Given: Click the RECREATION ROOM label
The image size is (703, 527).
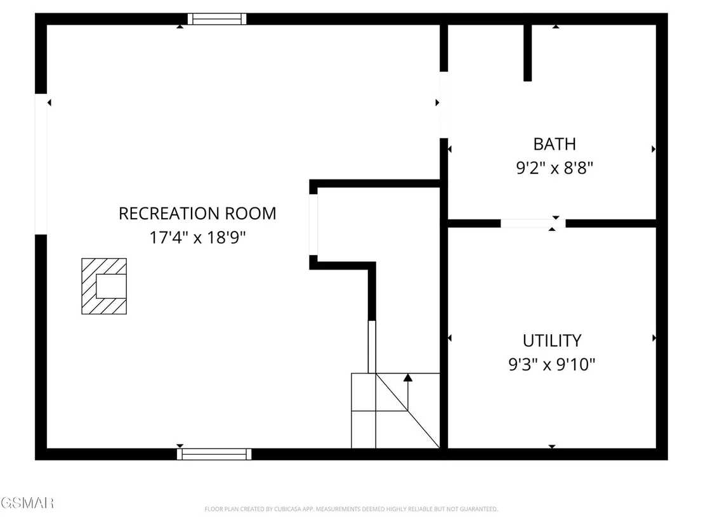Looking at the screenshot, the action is coord(197,213).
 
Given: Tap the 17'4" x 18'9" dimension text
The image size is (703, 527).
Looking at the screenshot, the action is coord(198,237).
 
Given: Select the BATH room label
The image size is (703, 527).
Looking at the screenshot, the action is coord(555,145).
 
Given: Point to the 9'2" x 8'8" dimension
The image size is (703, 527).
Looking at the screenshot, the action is coord(555,168).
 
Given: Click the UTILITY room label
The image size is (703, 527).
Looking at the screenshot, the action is coord(552,341).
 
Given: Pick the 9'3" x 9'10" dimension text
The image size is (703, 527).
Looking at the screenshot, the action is coord(552,364).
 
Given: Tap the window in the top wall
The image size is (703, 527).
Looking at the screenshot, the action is coord(217,19).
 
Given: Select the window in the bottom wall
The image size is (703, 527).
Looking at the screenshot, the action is coord(214,454).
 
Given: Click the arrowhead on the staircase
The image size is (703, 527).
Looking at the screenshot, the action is coord(407,378).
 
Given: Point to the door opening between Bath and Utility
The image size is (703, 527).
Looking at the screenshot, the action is coord(533,223).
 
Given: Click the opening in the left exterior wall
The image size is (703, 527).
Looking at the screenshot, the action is coord(41,164).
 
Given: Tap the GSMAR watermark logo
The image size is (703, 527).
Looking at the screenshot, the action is coord(27,503).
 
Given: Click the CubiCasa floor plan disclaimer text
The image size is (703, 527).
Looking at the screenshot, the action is coord(351,509).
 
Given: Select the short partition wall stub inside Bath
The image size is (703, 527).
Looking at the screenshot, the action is coord(528,53).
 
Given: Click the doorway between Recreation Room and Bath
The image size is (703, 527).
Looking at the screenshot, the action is coord(444,105).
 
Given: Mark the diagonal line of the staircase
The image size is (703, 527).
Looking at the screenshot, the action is coord(407,410).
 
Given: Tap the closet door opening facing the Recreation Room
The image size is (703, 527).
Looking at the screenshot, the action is coord(313,224).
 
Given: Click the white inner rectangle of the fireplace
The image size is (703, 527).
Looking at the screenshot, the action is coord(111,287).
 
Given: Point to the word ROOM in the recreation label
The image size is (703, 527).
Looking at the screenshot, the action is coord(250,213).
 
